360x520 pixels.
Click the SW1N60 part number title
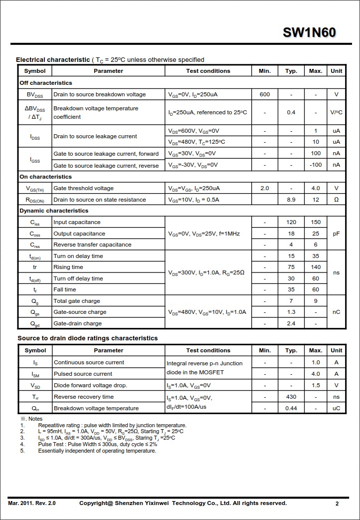point(309,33)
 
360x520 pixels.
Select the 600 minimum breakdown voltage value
point(265,94)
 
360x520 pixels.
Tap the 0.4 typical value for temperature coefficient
point(291,112)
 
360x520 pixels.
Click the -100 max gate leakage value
point(316,165)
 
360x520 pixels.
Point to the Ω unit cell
point(336,200)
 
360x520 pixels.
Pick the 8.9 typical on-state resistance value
point(291,200)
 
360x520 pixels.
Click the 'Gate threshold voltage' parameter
point(83,188)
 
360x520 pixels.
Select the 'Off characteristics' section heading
point(46,83)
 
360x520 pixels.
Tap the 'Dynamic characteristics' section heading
point(54,211)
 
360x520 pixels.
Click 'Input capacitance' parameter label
point(77,222)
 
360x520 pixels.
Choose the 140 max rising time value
point(316,267)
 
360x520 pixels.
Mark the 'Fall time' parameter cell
point(65,289)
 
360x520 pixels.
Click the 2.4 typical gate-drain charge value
point(291,323)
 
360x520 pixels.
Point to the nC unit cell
point(336,312)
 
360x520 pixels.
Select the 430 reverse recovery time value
point(291,397)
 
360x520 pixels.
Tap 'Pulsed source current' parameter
point(83,374)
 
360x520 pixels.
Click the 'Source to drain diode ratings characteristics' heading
point(88,338)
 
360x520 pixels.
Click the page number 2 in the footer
point(337,504)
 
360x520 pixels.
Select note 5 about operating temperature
point(97,451)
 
